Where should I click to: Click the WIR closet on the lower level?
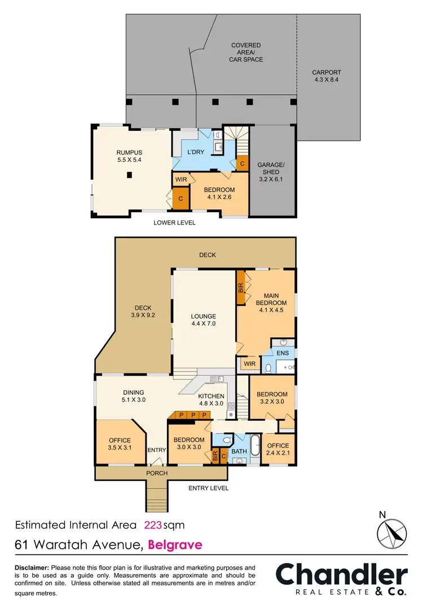pos(180,179)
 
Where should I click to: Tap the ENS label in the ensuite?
pos(283,353)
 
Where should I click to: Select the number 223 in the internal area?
pos(153,525)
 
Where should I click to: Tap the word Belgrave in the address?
pos(174,545)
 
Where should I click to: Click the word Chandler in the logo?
pos(341,575)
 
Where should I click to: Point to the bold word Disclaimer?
pos(32,567)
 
